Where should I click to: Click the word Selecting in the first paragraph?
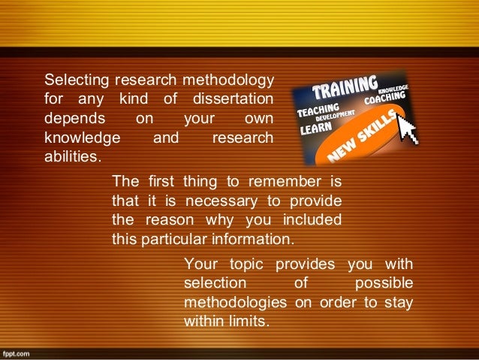[x=71, y=80]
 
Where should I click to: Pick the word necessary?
[x=213, y=201]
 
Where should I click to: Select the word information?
[x=257, y=240]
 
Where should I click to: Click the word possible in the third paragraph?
[x=382, y=283]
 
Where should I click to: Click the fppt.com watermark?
[x=16, y=352]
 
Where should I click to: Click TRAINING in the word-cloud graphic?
[x=345, y=89]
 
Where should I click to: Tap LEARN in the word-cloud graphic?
[x=316, y=128]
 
